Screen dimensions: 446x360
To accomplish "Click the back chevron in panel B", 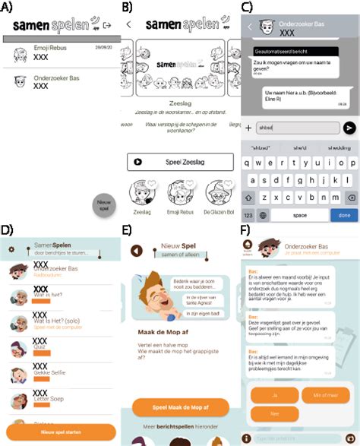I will pos(129,24).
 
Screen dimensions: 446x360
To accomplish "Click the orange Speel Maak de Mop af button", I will pos(180,407).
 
